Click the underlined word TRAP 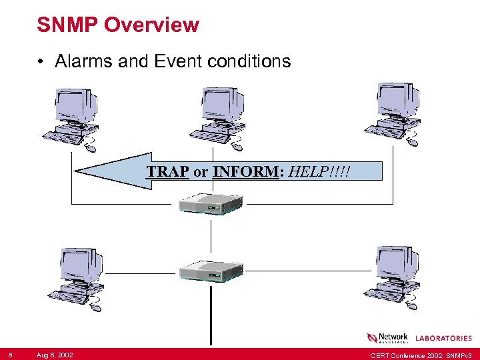click(x=168, y=171)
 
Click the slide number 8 click(x=11, y=354)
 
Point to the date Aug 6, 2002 click(x=55, y=354)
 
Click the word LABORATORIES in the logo click(x=444, y=339)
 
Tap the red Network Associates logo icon click(x=372, y=339)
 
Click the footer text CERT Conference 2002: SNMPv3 click(x=421, y=354)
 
